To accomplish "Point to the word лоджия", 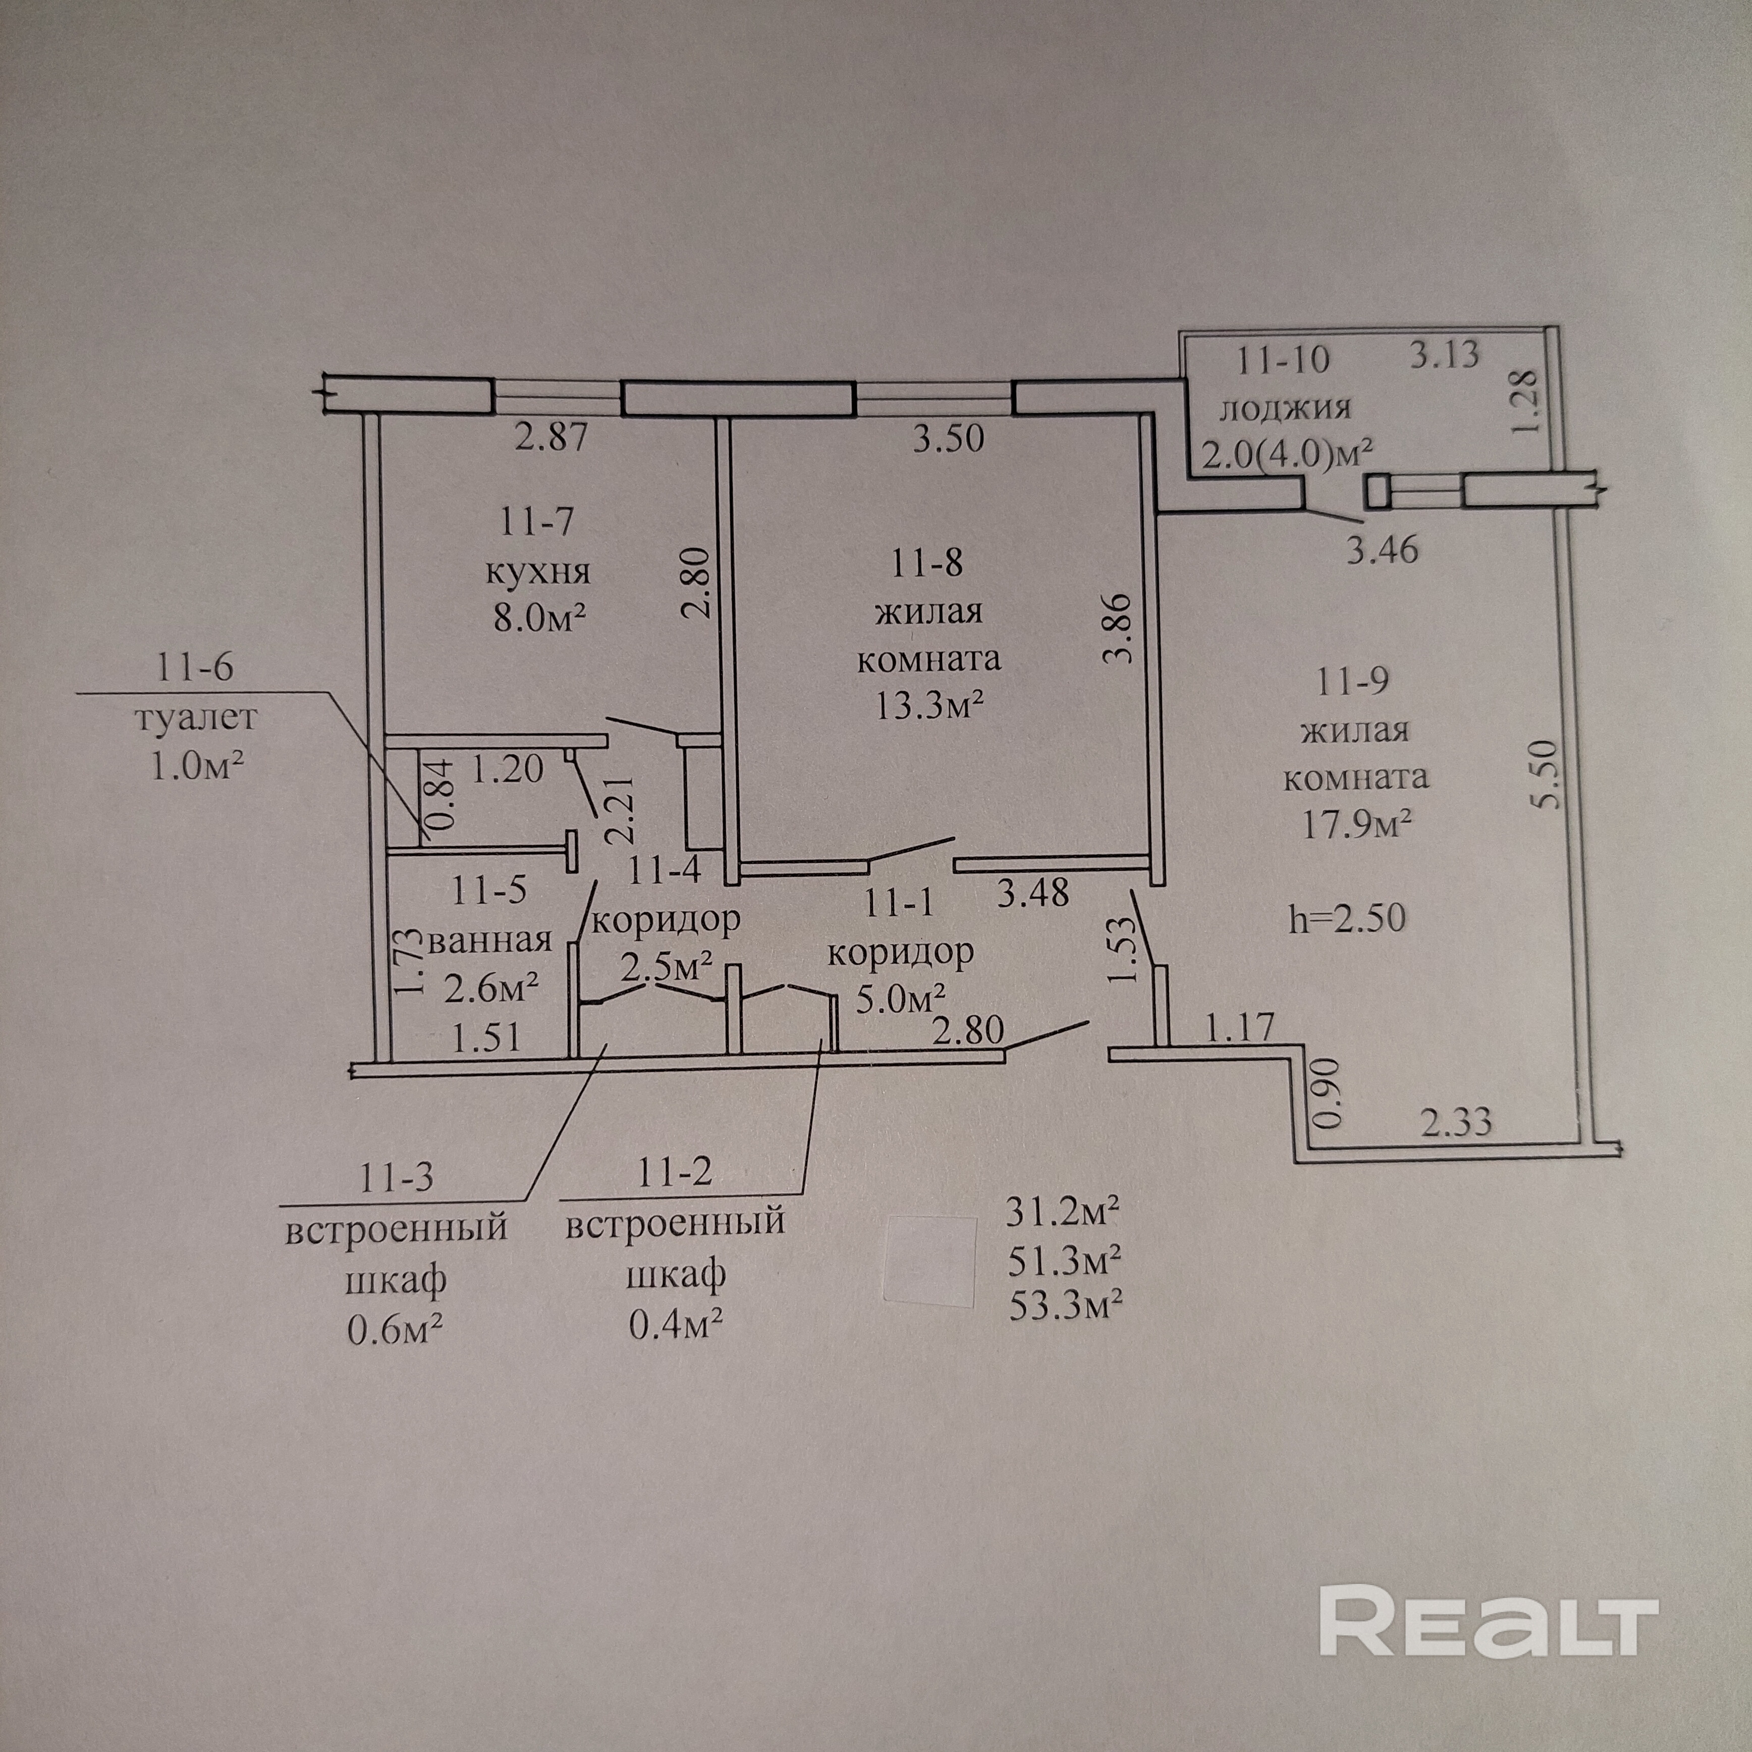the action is [1284, 408].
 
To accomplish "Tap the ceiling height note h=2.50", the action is [1347, 918].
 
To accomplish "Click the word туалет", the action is [197, 718].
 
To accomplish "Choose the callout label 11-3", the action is [396, 1178].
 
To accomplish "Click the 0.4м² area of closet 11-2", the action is [676, 1325].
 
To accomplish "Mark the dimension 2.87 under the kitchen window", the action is [552, 438].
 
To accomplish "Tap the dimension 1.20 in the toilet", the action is [507, 769].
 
